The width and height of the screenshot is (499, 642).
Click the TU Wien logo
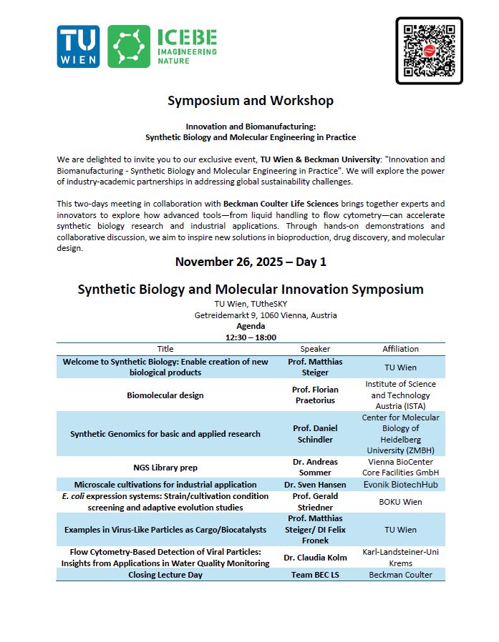pyautogui.click(x=78, y=46)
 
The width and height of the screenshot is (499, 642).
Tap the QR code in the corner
pyautogui.click(x=429, y=50)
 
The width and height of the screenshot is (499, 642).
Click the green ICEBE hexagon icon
pyautogui.click(x=129, y=46)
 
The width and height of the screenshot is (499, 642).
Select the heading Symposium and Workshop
pyautogui.click(x=250, y=101)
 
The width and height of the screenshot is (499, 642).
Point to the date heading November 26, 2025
pyautogui.click(x=250, y=262)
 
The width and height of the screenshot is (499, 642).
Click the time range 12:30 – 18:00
pyautogui.click(x=250, y=337)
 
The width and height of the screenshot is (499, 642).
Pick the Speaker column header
pyautogui.click(x=315, y=349)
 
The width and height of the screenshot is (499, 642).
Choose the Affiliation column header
pyautogui.click(x=400, y=349)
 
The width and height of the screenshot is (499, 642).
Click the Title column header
pyautogui.click(x=165, y=349)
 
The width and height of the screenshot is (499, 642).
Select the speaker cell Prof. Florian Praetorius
pyautogui.click(x=315, y=395)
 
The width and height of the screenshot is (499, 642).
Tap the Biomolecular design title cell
pyautogui.click(x=165, y=395)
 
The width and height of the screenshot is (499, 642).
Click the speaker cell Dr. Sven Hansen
pyautogui.click(x=315, y=485)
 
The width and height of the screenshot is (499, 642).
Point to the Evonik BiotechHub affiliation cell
pyautogui.click(x=400, y=485)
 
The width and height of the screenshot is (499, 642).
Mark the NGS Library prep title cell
pyautogui.click(x=165, y=468)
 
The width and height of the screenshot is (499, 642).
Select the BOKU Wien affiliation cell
pyautogui.click(x=400, y=502)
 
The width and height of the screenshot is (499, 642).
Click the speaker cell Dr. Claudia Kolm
pyautogui.click(x=315, y=558)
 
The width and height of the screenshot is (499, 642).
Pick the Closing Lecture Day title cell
pyautogui.click(x=165, y=575)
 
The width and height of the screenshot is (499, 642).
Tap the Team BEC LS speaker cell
pyautogui.click(x=315, y=575)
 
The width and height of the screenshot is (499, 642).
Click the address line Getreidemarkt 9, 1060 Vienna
pyautogui.click(x=266, y=315)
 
